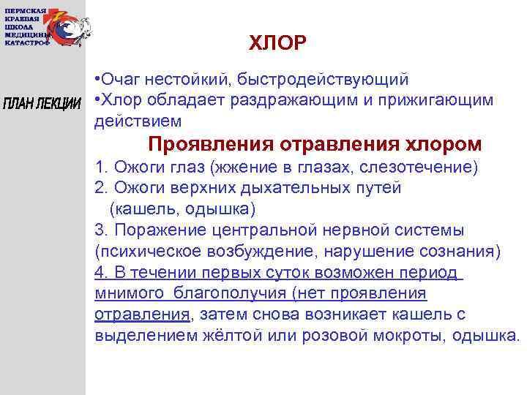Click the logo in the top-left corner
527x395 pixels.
click(48, 27)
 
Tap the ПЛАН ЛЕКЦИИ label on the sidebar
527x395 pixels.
click(42, 102)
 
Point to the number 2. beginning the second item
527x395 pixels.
click(101, 188)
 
